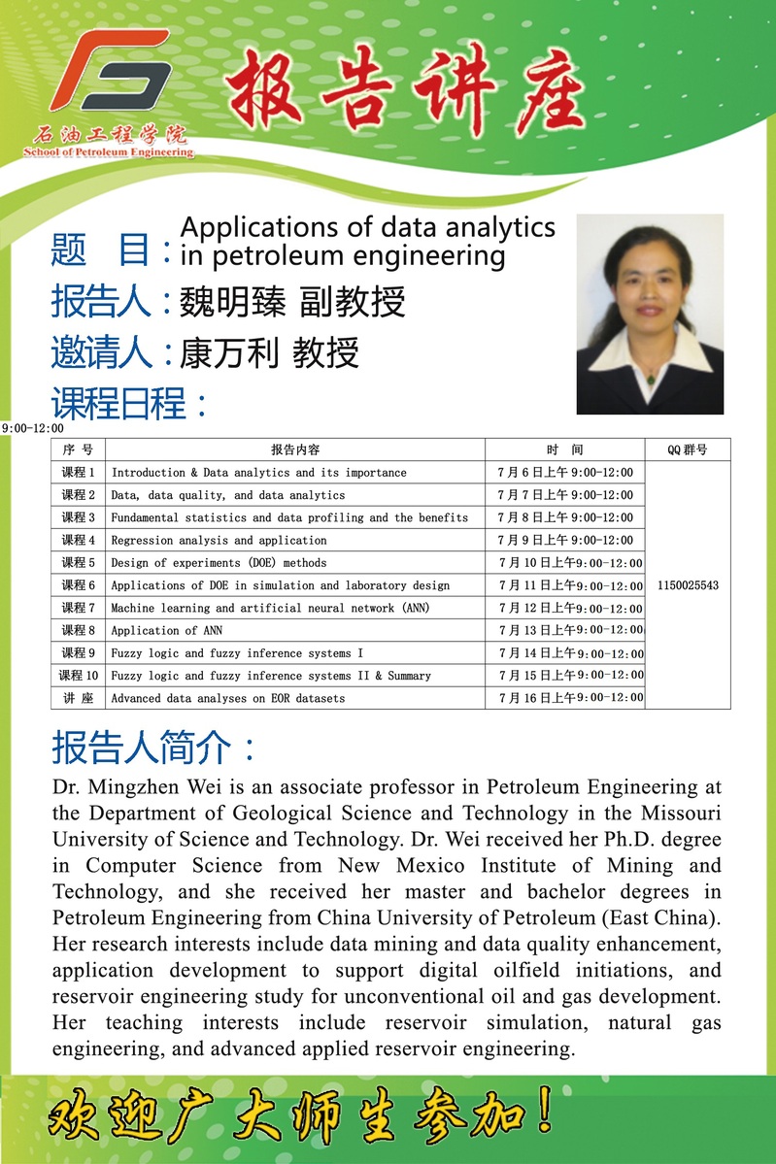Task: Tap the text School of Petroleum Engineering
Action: click(108, 152)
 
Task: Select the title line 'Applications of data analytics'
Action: click(367, 227)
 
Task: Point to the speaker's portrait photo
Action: click(650, 314)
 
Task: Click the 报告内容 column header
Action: click(295, 449)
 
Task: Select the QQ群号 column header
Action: click(687, 449)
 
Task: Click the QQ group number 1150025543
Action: click(688, 585)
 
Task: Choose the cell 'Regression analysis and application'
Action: click(219, 541)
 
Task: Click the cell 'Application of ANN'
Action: click(166, 631)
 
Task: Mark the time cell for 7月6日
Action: click(564, 473)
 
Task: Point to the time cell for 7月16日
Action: click(569, 698)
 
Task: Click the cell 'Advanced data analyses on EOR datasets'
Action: click(227, 698)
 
